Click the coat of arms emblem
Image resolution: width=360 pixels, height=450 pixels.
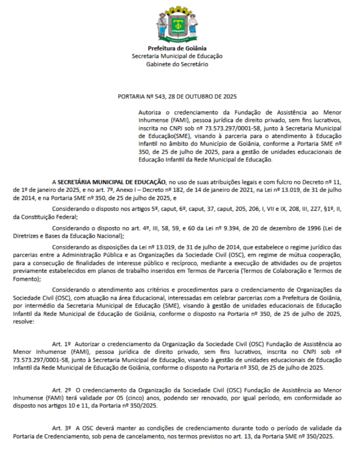coord(177,24)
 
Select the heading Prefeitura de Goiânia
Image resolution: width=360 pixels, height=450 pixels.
coord(177,48)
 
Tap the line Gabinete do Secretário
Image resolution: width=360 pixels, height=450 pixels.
coord(177,64)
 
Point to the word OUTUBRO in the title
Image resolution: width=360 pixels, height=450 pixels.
coord(199,96)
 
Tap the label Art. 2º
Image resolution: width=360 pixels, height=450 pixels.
coord(62,390)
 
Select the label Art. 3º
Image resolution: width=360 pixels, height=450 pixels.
coord(62,428)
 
